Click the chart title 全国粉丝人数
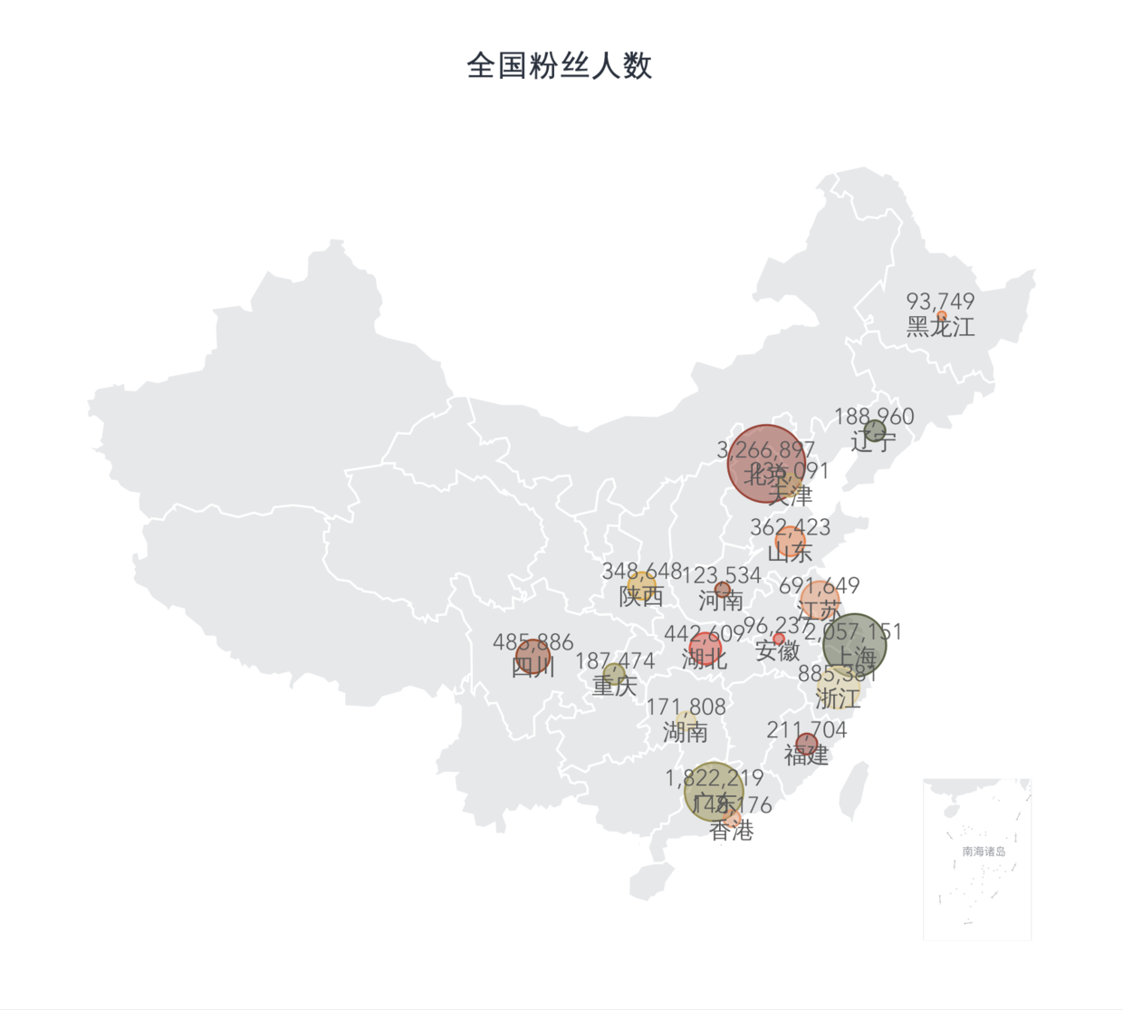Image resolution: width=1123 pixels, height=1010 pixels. point(560,66)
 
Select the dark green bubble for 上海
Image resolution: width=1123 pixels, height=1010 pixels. point(855,645)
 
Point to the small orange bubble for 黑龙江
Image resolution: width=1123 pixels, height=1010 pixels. point(942,316)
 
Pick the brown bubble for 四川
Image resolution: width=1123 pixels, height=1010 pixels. point(533,657)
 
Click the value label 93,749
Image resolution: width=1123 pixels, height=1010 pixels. point(940,301)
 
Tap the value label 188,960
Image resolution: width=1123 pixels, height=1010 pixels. point(874,416)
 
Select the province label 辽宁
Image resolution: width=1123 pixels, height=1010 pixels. point(874,442)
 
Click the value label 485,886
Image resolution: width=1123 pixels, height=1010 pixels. point(533,641)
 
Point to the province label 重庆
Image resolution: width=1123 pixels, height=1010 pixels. point(615,686)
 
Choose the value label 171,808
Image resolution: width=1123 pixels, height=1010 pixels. point(686,707)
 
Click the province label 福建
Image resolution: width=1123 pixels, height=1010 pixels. point(806,755)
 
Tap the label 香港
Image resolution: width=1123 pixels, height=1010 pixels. point(732,831)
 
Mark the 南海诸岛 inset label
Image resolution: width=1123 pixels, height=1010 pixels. point(984,851)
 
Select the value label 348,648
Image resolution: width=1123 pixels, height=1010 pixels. point(641,572)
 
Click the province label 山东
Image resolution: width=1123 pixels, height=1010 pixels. point(790,552)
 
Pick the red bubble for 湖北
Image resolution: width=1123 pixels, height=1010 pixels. point(705,649)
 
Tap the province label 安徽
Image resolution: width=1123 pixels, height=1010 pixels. point(777,650)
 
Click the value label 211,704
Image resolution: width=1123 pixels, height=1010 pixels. point(806,729)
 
